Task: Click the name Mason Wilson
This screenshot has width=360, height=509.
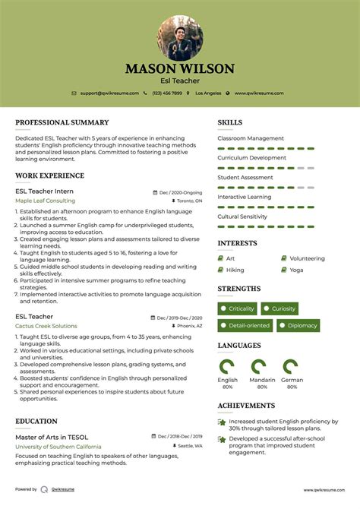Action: (180, 68)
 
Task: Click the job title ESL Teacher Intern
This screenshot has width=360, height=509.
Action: (45, 192)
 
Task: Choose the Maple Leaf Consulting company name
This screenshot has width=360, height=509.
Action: (45, 201)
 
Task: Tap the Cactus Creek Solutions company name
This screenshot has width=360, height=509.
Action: (46, 325)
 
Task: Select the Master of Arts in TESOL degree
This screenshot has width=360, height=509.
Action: (52, 437)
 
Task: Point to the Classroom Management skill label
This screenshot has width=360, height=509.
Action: (251, 138)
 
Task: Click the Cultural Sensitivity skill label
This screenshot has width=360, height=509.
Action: (242, 217)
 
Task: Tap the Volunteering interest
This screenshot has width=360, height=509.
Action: (307, 258)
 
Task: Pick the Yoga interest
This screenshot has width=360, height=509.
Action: (296, 270)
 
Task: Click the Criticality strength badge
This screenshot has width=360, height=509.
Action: (238, 308)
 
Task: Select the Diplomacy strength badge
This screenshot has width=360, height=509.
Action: (298, 325)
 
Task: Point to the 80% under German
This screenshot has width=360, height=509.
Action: (292, 387)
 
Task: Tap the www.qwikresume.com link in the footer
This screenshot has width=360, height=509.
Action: (324, 490)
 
